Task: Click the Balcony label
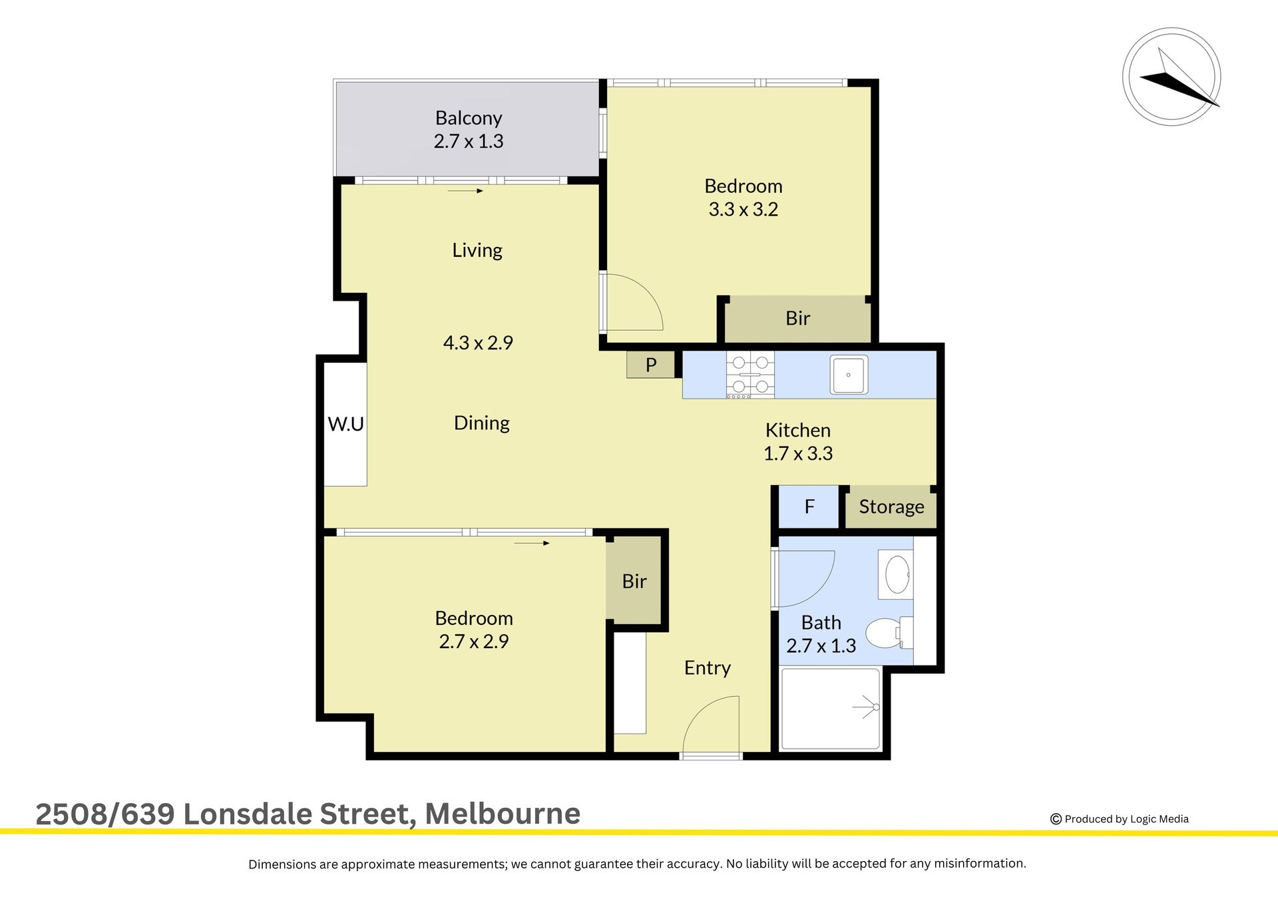click(469, 118)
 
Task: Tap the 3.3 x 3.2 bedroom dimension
click(743, 209)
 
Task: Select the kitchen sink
click(849, 375)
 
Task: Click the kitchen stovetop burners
click(750, 375)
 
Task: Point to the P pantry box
click(651, 365)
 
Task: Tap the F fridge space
click(809, 506)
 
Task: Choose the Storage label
click(891, 506)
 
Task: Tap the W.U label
click(345, 424)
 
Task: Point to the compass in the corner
click(1171, 77)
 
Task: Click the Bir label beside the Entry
click(634, 581)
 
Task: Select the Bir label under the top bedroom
click(797, 318)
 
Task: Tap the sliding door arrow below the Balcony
click(465, 191)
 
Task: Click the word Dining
click(481, 423)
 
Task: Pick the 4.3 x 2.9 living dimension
click(478, 343)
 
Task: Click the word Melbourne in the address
click(503, 813)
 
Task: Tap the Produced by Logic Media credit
click(1120, 819)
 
